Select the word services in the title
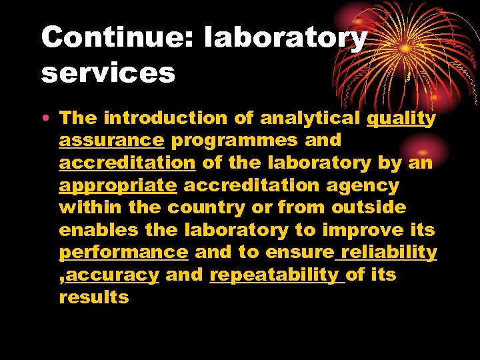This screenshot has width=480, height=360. click(x=108, y=73)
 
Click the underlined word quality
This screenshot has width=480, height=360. click(x=402, y=119)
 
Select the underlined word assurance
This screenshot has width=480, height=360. click(x=111, y=141)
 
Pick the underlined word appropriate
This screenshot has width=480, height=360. click(x=117, y=185)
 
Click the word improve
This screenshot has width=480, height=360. click(x=363, y=230)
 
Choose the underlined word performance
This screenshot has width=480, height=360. click(x=124, y=253)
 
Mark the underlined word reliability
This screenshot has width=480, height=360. click(x=389, y=253)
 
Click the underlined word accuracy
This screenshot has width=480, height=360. click(x=113, y=275)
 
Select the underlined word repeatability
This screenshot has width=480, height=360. click(x=274, y=275)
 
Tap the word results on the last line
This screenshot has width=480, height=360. click(x=94, y=297)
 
